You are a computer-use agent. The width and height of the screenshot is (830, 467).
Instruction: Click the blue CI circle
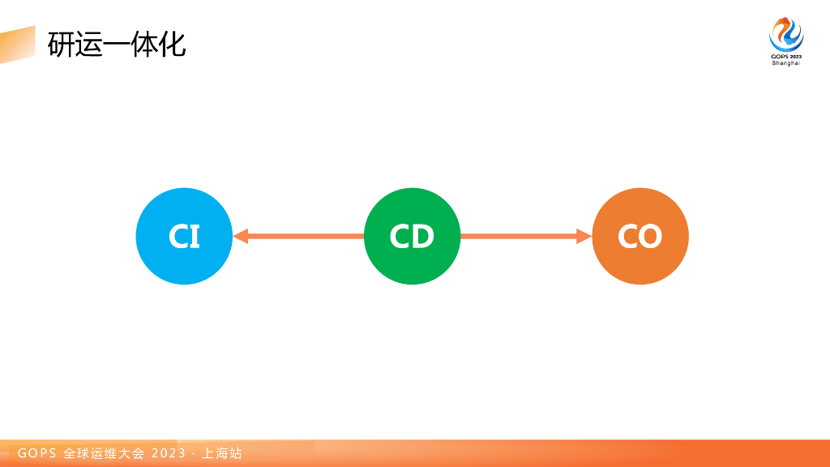[x=184, y=236]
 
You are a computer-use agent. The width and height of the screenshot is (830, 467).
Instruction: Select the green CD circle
[x=412, y=236]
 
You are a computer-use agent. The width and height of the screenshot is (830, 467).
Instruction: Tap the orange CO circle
[x=640, y=236]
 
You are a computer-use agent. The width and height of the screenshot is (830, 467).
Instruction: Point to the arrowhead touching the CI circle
[x=240, y=236]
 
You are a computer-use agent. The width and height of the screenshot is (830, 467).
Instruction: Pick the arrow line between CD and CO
[x=519, y=236]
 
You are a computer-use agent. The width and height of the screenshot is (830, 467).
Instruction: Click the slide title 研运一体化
[x=117, y=44]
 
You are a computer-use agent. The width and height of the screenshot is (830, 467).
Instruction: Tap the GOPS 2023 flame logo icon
[x=785, y=34]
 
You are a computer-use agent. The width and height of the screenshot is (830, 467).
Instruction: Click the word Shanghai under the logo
[x=785, y=63]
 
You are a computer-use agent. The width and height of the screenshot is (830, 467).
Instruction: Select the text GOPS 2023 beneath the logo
[x=785, y=56]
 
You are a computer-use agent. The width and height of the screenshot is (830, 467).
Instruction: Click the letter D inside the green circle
[x=423, y=237]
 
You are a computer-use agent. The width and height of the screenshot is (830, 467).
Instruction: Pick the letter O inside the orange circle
[x=651, y=237]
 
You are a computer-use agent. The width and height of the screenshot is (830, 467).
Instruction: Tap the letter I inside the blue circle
[x=195, y=237]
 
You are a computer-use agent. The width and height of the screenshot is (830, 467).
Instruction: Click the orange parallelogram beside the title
[x=17, y=45]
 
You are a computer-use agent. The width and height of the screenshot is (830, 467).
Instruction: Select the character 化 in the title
[x=173, y=44]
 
